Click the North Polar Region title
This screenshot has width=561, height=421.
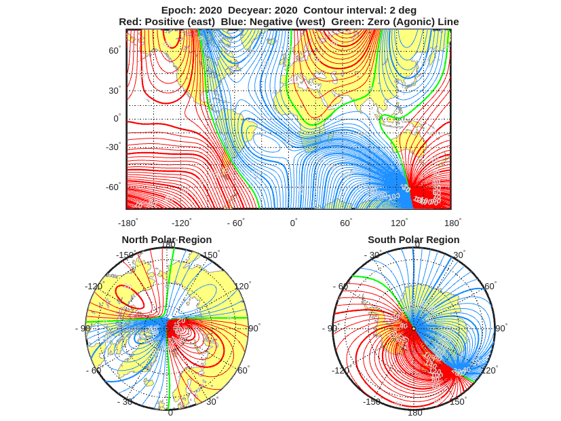click(166, 240)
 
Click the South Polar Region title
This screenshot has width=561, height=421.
click(413, 240)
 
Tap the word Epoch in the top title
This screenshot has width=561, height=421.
click(178, 10)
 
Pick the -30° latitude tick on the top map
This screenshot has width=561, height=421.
click(113, 147)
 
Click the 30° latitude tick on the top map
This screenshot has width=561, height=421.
click(114, 90)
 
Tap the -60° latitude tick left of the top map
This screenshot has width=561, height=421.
click(113, 187)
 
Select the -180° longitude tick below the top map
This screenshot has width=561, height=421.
click(128, 223)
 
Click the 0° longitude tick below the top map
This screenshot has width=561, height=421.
click(293, 223)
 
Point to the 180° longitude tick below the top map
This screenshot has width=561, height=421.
click(452, 223)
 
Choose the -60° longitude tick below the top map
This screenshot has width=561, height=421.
click(235, 223)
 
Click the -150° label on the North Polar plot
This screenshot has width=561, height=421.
click(125, 255)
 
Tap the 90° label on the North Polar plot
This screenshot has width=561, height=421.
click(254, 328)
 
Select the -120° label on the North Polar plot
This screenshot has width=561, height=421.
click(94, 287)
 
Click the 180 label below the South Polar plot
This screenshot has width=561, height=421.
click(414, 412)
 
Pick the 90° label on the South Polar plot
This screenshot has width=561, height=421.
click(501, 328)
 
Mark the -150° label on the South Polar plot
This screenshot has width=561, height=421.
click(372, 401)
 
